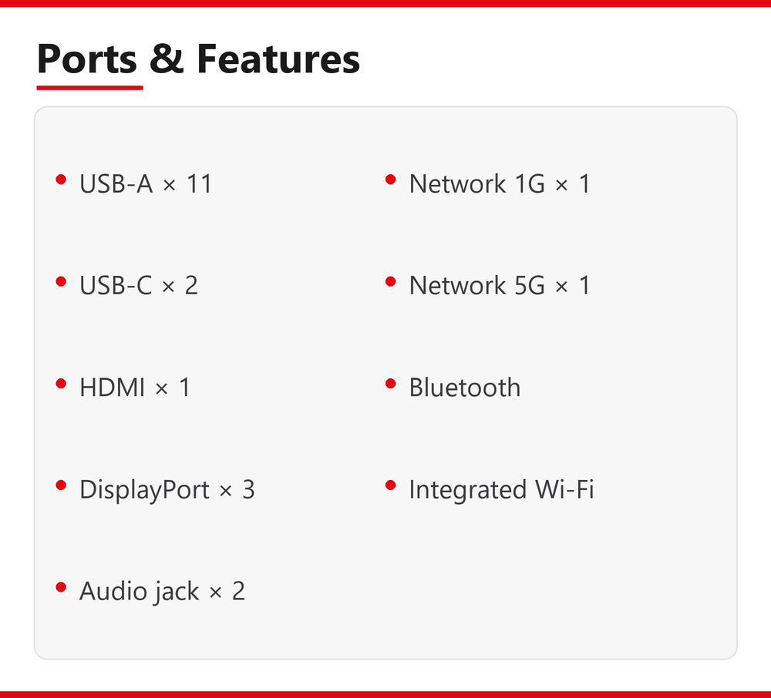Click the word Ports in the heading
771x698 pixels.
tap(87, 59)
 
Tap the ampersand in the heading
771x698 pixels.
tap(167, 59)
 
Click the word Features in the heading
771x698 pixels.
tap(278, 59)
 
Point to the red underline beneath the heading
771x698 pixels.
tap(89, 88)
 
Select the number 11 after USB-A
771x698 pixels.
tap(199, 183)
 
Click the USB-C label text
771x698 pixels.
tap(116, 285)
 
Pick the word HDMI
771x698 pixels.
tap(112, 387)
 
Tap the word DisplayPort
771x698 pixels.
tap(145, 490)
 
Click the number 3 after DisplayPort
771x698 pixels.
tap(249, 489)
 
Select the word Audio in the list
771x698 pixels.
tap(112, 590)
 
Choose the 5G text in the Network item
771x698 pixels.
tap(530, 285)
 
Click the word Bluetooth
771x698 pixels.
tap(465, 387)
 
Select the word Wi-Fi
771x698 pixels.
tap(564, 489)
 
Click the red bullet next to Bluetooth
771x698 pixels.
tap(391, 384)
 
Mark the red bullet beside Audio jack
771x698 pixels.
tap(61, 587)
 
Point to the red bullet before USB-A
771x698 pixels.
tap(61, 180)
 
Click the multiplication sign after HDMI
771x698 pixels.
tap(161, 389)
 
